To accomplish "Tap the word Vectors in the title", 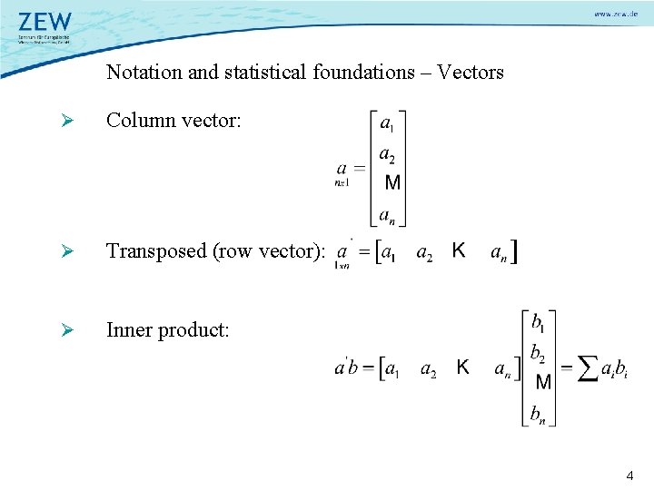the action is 470,72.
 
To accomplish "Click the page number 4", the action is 630,475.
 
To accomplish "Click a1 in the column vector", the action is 387,122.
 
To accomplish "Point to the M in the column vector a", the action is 392,182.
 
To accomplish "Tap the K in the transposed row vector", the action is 460,250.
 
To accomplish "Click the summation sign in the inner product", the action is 588,367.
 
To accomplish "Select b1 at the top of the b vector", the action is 538,321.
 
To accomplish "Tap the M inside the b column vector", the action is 543,382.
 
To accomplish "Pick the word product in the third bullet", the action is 193,330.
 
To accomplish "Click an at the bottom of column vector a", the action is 387,215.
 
